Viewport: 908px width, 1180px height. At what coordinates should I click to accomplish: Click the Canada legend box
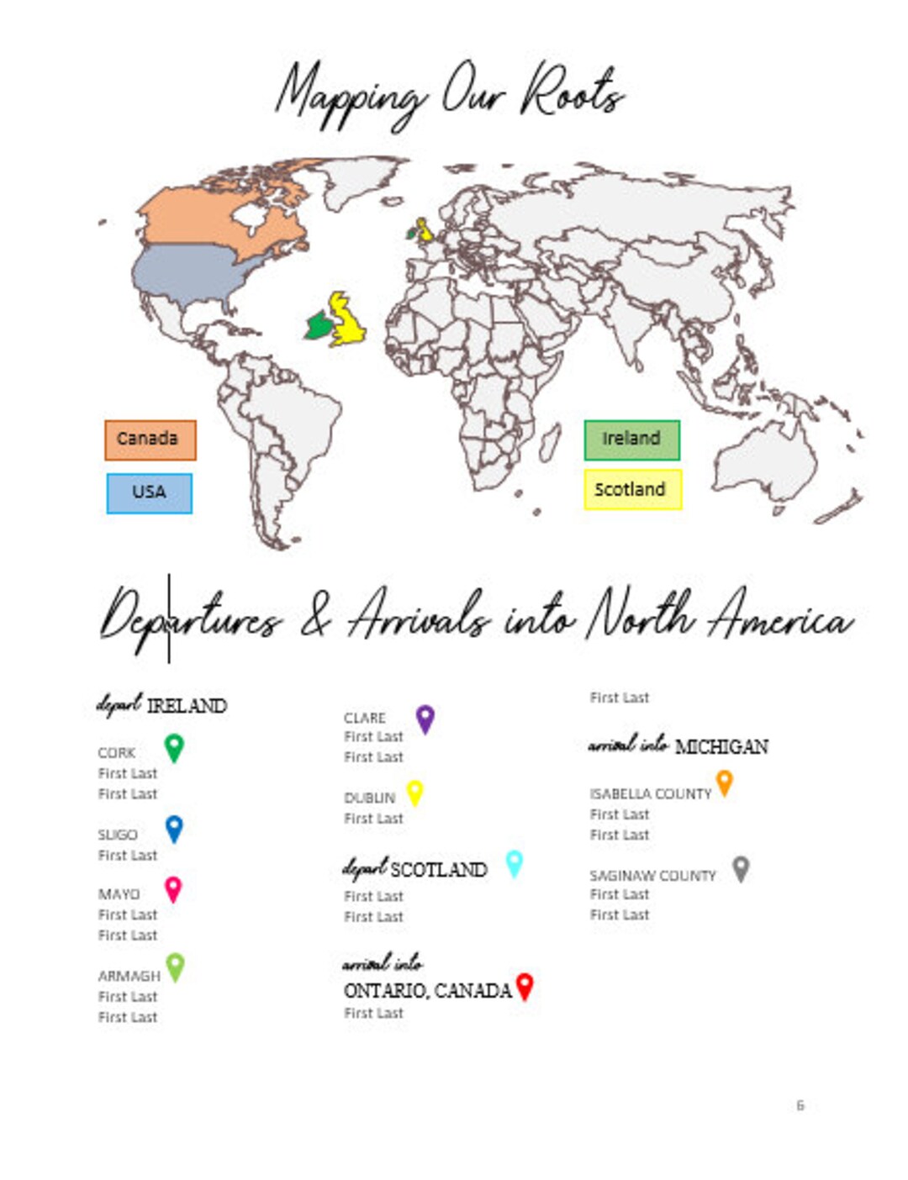coord(150,440)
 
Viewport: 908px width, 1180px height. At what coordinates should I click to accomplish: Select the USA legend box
coord(149,493)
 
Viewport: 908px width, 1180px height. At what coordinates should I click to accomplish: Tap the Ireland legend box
coord(631,440)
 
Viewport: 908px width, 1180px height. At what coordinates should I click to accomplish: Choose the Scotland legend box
coord(632,489)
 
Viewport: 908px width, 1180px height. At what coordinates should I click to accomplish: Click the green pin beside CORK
coord(174,746)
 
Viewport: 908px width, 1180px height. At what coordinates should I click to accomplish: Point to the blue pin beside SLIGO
coord(174,828)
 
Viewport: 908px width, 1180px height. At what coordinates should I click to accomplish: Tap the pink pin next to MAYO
coord(172,888)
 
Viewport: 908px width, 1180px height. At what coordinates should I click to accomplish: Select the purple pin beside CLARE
coord(425,718)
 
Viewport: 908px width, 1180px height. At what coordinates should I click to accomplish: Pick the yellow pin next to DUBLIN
coord(414,792)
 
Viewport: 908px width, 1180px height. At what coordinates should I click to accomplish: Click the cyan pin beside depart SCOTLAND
coord(514,862)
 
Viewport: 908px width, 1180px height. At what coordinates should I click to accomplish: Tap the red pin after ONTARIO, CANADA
coord(525,986)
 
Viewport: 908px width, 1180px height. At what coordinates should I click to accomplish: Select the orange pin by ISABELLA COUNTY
coord(724,782)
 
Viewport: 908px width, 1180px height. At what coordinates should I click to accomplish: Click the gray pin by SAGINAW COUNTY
coord(740,868)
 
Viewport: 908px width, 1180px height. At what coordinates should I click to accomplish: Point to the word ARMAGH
coord(129,976)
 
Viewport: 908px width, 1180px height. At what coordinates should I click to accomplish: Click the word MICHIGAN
coord(721,746)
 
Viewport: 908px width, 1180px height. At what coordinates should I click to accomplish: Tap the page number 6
coord(800,1105)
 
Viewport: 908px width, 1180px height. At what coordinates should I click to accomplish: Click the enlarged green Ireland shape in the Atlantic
coord(319,325)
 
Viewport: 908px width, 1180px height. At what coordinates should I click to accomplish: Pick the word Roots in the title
coord(572,92)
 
